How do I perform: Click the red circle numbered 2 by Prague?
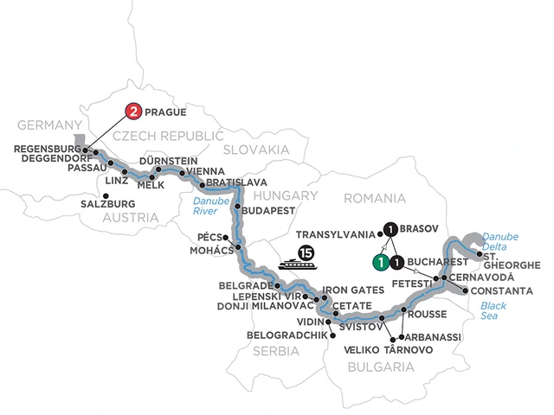134,111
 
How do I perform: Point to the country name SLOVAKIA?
257,150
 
